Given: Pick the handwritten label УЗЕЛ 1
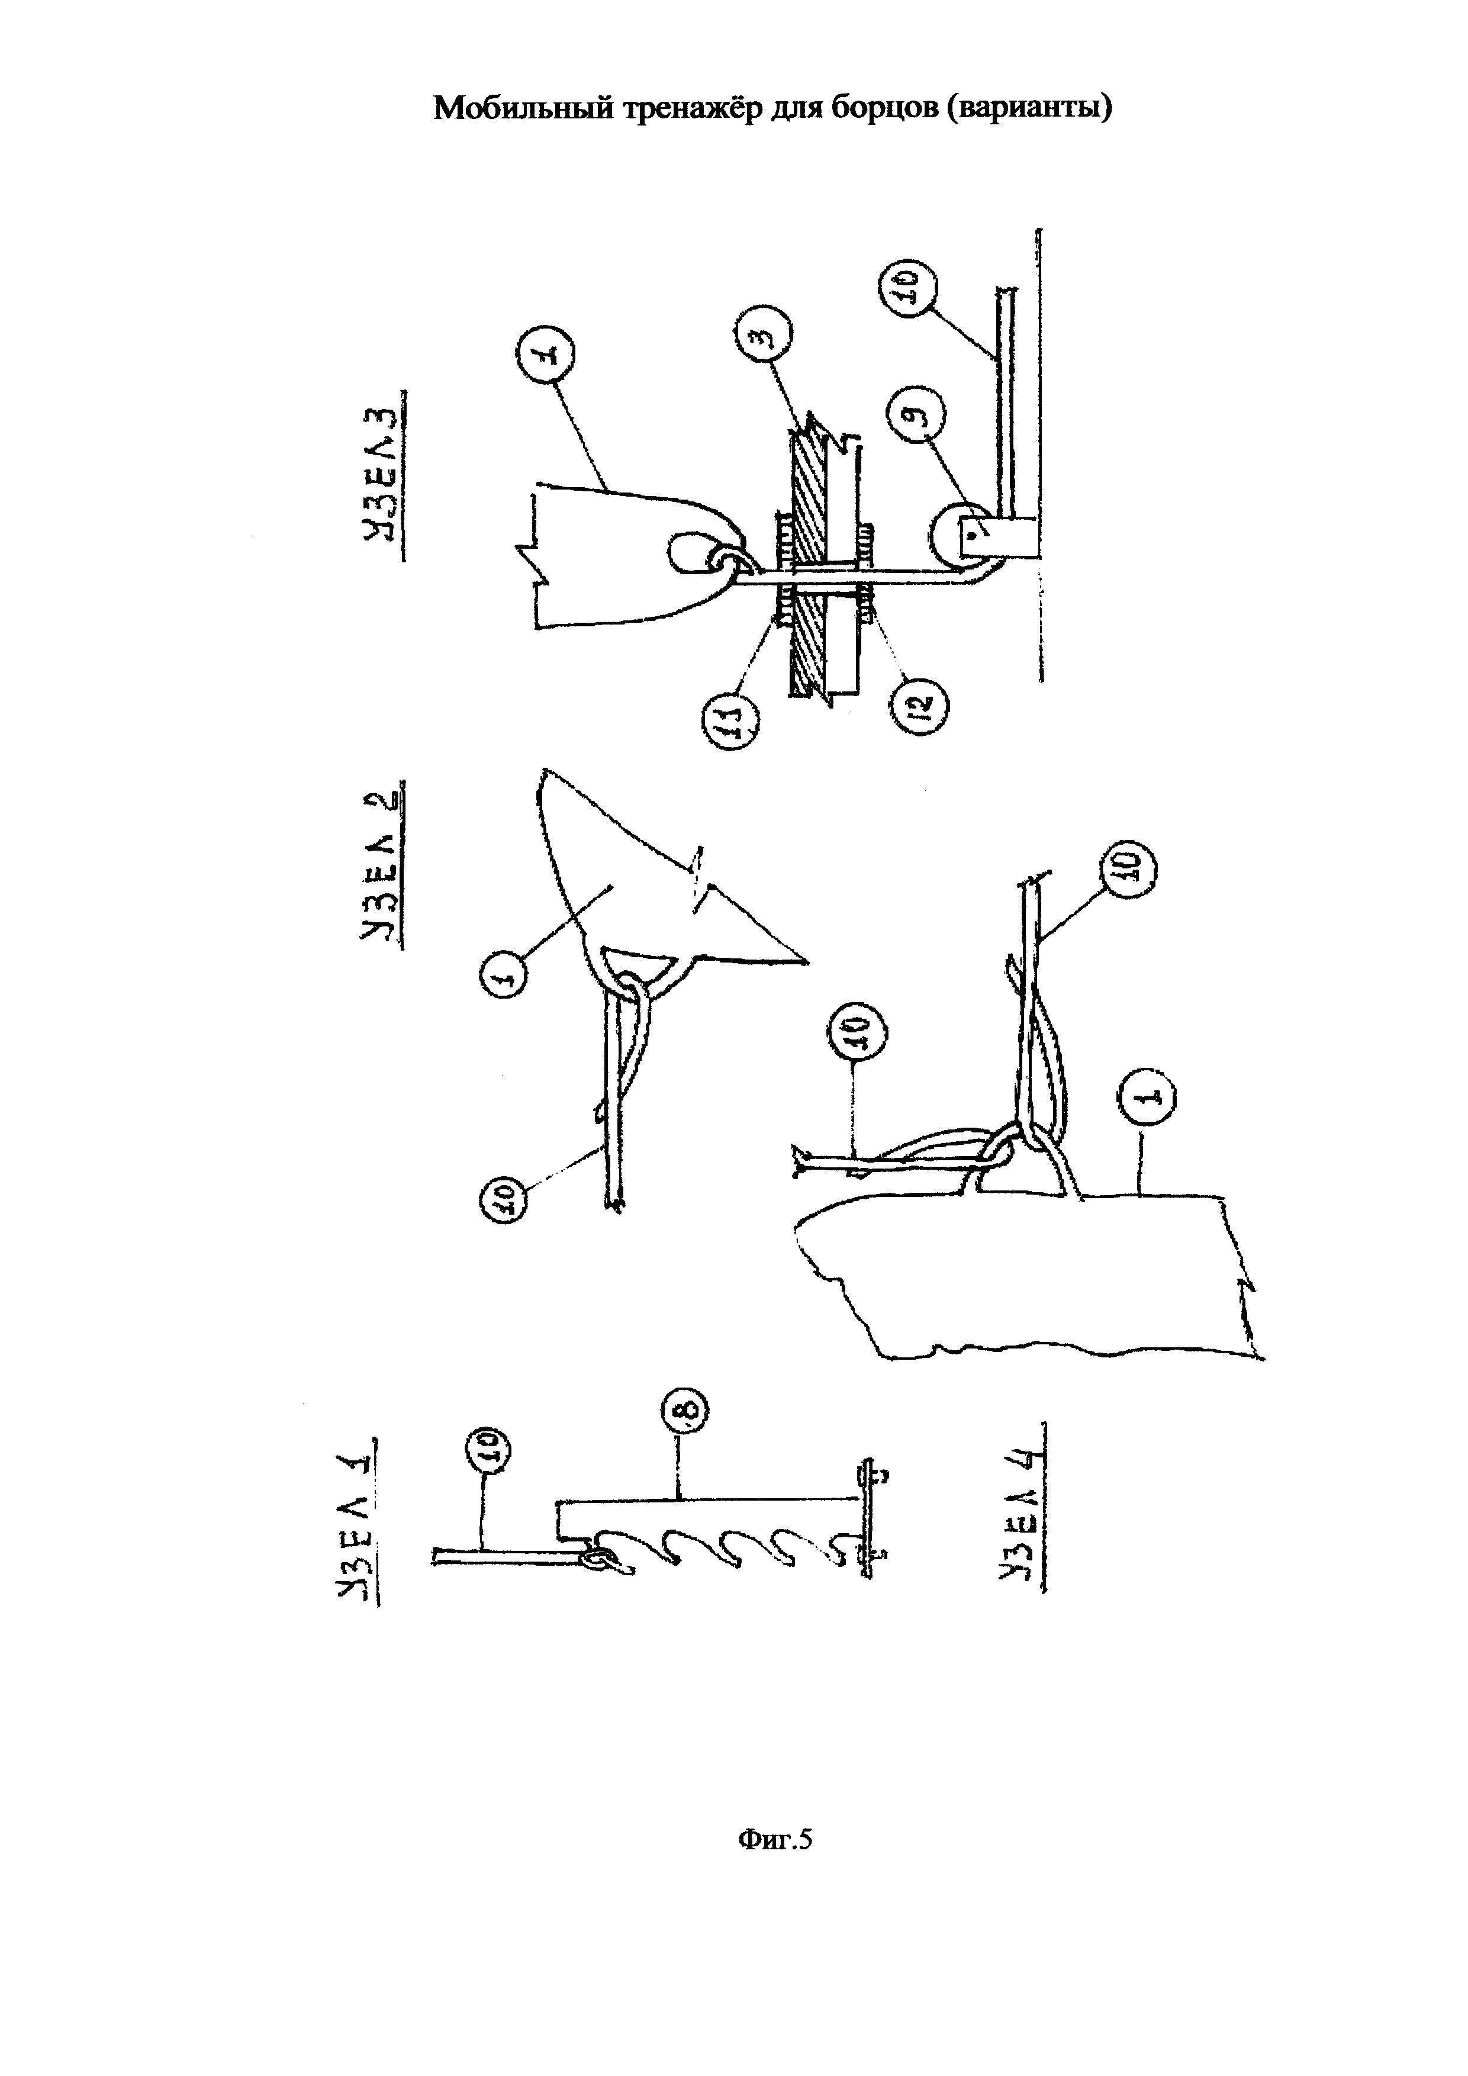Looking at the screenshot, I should (x=358, y=1531).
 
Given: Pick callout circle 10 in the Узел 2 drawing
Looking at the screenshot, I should (x=508, y=1199).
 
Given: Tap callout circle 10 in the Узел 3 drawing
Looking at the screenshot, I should (x=909, y=287).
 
